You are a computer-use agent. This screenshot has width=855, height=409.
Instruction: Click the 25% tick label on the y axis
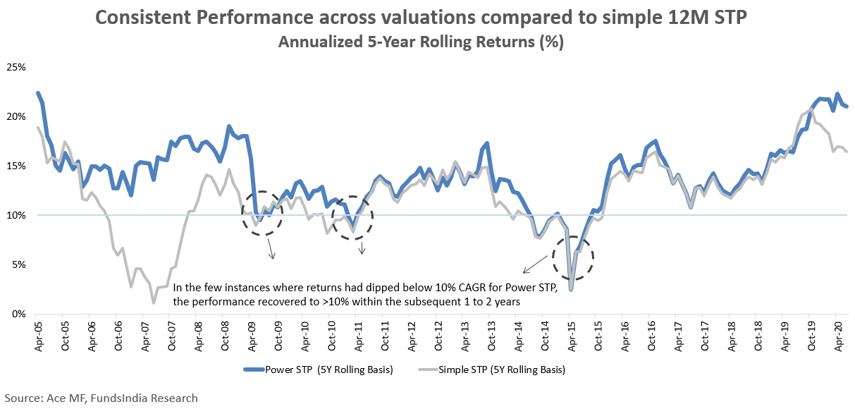pos(16,68)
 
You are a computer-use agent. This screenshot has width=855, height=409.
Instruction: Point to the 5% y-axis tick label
pos(18,265)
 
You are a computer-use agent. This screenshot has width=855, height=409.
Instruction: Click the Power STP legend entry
pos(321,370)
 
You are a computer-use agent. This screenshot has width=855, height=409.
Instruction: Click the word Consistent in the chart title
pos(147,18)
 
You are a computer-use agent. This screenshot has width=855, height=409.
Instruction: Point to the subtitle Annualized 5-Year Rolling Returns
pos(421,42)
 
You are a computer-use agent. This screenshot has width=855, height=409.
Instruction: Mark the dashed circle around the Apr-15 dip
pos(573,258)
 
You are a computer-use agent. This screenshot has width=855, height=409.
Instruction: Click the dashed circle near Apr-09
pos(262,212)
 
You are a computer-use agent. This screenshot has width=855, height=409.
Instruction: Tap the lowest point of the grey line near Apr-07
pos(153,303)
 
